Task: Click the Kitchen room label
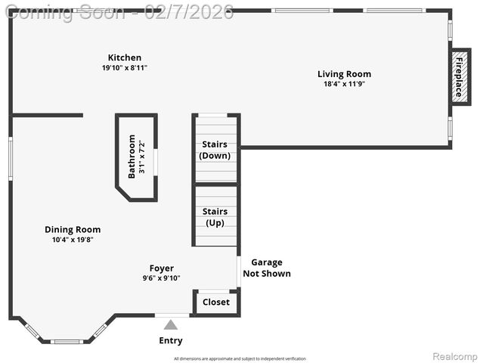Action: pyautogui.click(x=124, y=57)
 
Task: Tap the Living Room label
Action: pyautogui.click(x=344, y=74)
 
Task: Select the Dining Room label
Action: pyautogui.click(x=73, y=230)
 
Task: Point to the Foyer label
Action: pyautogui.click(x=161, y=268)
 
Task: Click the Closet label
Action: pyautogui.click(x=215, y=302)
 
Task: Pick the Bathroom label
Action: pyautogui.click(x=132, y=156)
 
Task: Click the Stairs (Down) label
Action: pyautogui.click(x=215, y=150)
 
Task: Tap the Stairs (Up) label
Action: pyautogui.click(x=215, y=217)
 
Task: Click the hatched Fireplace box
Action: pyautogui.click(x=457, y=76)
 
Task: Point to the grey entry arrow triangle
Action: pyautogui.click(x=171, y=325)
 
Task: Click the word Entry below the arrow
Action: pyautogui.click(x=171, y=340)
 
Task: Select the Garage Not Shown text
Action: pyautogui.click(x=266, y=268)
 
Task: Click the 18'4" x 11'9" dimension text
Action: pyautogui.click(x=344, y=84)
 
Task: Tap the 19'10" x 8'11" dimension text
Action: pyautogui.click(x=124, y=68)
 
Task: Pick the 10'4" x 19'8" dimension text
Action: pyautogui.click(x=73, y=240)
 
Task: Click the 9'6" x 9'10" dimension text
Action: pyautogui.click(x=161, y=278)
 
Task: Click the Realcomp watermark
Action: pyautogui.click(x=454, y=355)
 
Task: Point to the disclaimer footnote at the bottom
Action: pyautogui.click(x=240, y=358)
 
